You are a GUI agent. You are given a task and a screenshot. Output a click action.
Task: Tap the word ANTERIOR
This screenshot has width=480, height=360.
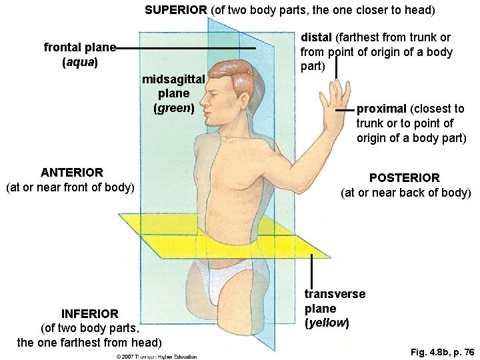71,173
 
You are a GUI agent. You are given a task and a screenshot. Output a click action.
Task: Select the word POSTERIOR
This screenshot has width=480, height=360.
405,178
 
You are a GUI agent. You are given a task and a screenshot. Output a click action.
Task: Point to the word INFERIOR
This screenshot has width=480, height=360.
90,313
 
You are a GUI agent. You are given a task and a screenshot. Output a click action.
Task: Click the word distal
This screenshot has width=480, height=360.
316,37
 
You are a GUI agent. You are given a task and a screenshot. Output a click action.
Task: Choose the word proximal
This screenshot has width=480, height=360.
382,109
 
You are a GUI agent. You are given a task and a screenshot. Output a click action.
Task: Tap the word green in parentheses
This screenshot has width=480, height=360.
173,107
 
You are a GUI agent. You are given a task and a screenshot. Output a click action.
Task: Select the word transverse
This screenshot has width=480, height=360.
335,294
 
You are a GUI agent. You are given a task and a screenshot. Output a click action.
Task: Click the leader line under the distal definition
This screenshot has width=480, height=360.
337,67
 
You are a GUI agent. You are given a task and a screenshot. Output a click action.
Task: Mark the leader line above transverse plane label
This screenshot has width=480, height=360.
311,270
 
